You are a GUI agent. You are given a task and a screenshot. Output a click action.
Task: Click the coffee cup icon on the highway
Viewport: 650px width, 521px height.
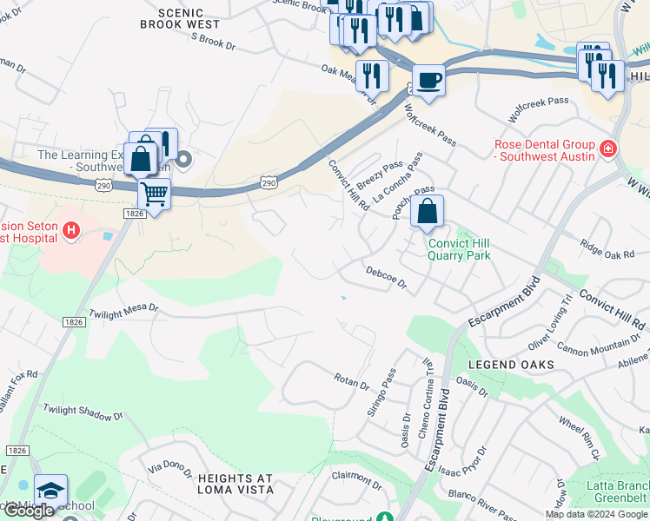pos(428,81)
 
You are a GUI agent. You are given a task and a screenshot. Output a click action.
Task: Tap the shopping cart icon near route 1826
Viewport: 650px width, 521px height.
pos(154,195)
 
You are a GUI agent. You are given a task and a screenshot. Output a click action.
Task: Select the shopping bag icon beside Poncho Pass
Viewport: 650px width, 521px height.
pos(427,211)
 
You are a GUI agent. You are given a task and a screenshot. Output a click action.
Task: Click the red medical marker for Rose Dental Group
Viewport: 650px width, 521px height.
pos(607,149)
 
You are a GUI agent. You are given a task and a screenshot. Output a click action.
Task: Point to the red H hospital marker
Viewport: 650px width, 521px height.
pos(72,230)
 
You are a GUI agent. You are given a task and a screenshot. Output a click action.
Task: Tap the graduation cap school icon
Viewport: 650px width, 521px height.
pos(50,491)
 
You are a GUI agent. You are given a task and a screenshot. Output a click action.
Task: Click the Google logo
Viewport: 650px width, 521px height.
pos(28,511)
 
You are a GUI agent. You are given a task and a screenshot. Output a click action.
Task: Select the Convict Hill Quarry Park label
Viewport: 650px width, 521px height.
pos(459,249)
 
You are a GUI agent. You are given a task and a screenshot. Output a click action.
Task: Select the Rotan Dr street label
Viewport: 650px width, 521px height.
pos(352,380)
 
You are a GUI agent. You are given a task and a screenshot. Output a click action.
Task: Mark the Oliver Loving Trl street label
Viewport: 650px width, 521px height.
pos(551,323)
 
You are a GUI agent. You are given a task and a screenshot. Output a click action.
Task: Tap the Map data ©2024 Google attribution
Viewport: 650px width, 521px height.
pos(595,514)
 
